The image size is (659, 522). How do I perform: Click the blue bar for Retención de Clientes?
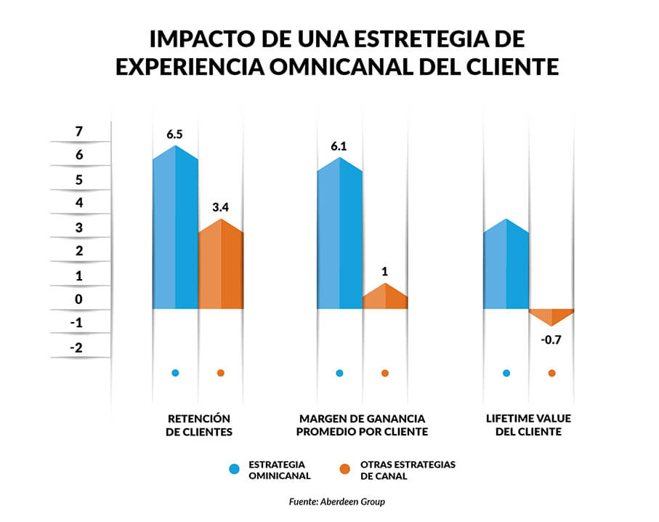tap(175, 233)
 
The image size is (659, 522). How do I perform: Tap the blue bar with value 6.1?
tap(339, 236)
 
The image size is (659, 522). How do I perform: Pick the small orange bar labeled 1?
tap(385, 297)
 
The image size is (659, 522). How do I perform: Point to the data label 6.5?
tap(175, 134)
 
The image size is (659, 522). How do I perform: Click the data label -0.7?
tap(551, 339)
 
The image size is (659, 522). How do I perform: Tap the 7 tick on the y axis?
tap(78, 131)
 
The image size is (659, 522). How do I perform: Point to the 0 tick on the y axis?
tap(78, 299)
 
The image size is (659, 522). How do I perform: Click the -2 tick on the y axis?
tap(77, 348)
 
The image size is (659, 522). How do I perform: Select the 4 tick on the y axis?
tap(78, 203)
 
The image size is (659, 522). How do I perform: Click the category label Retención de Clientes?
tap(199, 425)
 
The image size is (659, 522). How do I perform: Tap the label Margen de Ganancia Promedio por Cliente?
tap(363, 425)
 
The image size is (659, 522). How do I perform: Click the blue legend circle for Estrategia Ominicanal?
tap(234, 470)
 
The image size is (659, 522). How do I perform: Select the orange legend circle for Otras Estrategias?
tap(345, 470)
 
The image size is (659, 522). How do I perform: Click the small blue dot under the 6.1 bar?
tap(339, 373)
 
